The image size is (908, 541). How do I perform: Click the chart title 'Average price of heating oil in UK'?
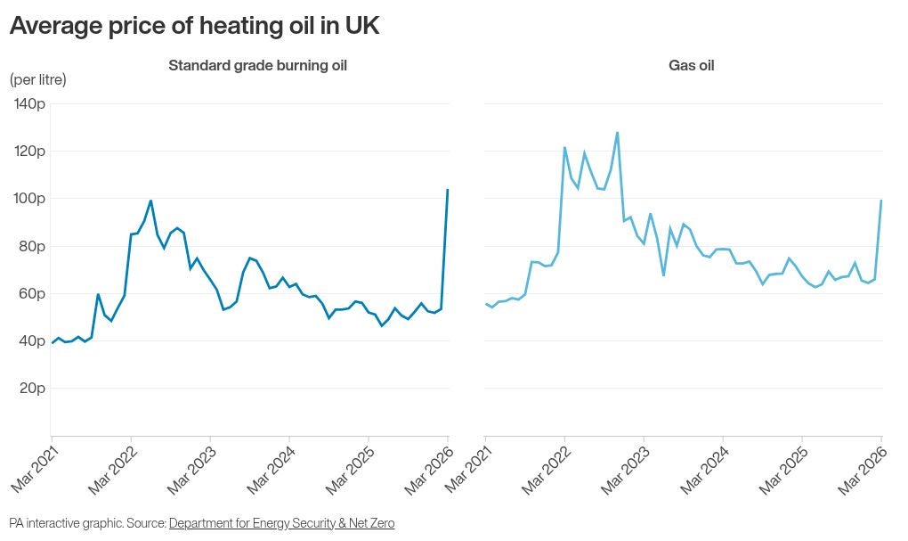point(194,27)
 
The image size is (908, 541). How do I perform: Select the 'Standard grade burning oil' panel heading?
point(257,65)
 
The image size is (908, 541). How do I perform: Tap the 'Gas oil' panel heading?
point(691,65)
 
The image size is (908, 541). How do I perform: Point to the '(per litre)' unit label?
point(37,79)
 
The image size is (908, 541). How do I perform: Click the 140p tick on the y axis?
point(29,103)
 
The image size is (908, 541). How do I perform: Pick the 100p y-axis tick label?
point(29,198)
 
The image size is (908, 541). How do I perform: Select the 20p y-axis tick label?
point(32,388)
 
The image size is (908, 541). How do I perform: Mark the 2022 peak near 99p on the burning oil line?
point(150,201)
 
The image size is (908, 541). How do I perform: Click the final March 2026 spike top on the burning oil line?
point(447,190)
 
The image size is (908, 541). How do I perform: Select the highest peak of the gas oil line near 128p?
point(617,133)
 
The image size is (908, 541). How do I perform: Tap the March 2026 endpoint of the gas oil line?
point(881,201)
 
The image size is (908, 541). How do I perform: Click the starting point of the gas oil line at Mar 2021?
point(486,304)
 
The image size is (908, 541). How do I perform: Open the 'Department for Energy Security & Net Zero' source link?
point(281,523)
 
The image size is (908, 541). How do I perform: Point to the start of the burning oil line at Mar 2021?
point(52,343)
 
